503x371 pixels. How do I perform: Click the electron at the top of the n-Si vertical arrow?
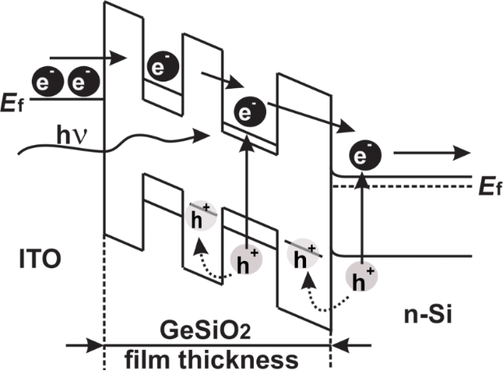pyautogui.click(x=362, y=155)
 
